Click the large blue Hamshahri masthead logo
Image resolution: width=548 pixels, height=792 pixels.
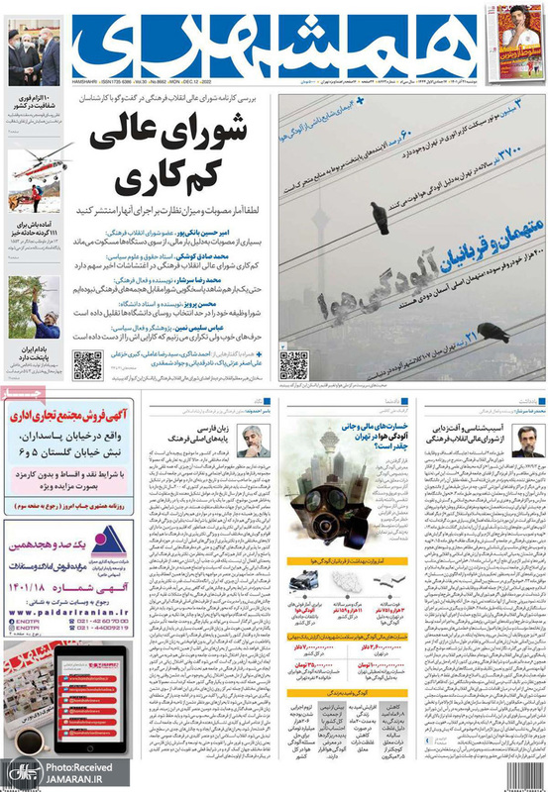pyautogui.click(x=268, y=45)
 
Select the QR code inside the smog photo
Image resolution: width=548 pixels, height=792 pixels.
pyautogui.click(x=293, y=364)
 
